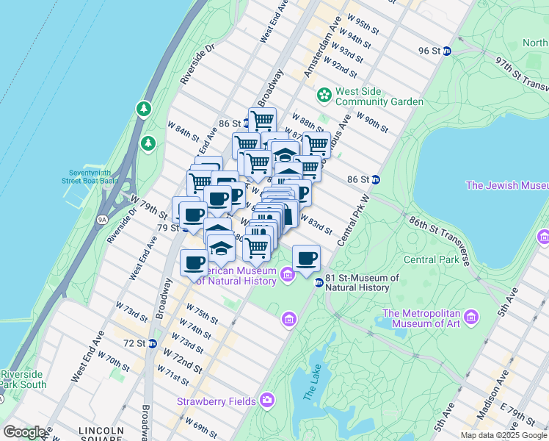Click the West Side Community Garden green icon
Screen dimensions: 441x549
[x=324, y=96]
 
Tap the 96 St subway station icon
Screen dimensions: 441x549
[x=447, y=51]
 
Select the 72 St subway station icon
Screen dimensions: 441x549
[x=152, y=343]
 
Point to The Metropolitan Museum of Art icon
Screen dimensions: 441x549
[x=470, y=317]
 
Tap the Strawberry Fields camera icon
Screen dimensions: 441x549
[x=267, y=401]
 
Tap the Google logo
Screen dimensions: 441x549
[x=24, y=432]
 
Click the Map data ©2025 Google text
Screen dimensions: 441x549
[x=503, y=435]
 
